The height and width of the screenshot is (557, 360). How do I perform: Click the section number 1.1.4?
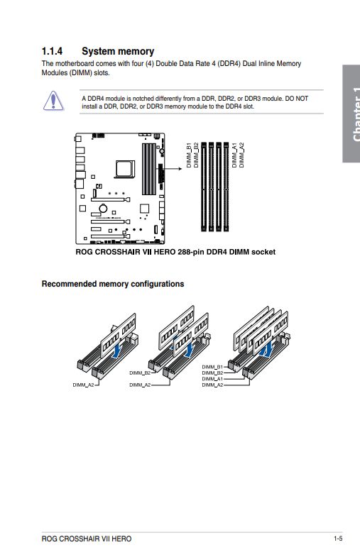(52, 51)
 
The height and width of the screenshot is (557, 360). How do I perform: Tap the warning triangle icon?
(53, 101)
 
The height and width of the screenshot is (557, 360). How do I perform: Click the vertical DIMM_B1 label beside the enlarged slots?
(189, 155)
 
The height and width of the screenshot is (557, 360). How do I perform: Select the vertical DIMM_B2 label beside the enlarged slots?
(196, 155)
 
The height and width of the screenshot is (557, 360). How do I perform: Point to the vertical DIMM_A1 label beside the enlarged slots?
(234, 155)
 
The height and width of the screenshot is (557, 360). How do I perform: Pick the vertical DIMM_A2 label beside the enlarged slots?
(241, 155)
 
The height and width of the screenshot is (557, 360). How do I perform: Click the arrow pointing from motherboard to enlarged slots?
(173, 168)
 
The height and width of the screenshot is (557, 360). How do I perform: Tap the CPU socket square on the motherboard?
(125, 169)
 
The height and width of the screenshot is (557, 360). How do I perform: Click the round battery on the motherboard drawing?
(103, 208)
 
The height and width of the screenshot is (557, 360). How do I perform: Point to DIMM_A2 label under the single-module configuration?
(84, 385)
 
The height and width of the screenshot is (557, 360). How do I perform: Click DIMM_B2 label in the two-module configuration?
(140, 373)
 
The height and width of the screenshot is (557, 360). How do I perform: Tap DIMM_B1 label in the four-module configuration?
(212, 367)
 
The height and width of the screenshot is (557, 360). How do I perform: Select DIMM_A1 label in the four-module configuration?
(212, 379)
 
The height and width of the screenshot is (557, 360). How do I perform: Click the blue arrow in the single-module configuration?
(116, 350)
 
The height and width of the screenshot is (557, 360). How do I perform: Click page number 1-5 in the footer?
(338, 539)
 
